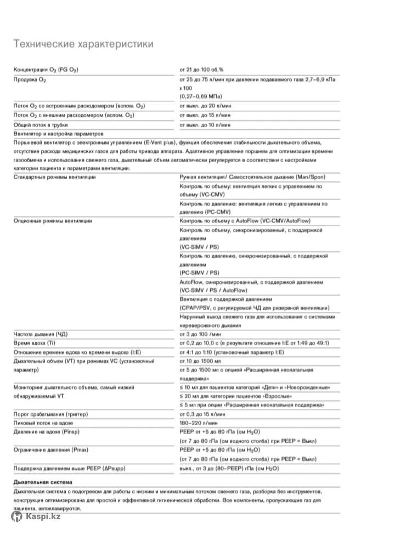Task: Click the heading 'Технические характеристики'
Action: pos(83,44)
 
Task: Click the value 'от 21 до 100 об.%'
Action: pos(201,70)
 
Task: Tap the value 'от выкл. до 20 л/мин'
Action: pos(205,105)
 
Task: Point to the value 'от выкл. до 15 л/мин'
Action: pos(205,115)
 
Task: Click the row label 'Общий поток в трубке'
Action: pos(44,125)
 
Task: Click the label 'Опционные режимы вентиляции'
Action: pos(53,221)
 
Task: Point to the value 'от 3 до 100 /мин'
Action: pos(201,334)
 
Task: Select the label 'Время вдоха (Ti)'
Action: pos(36,343)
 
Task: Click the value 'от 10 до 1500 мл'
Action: pos(200,361)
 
